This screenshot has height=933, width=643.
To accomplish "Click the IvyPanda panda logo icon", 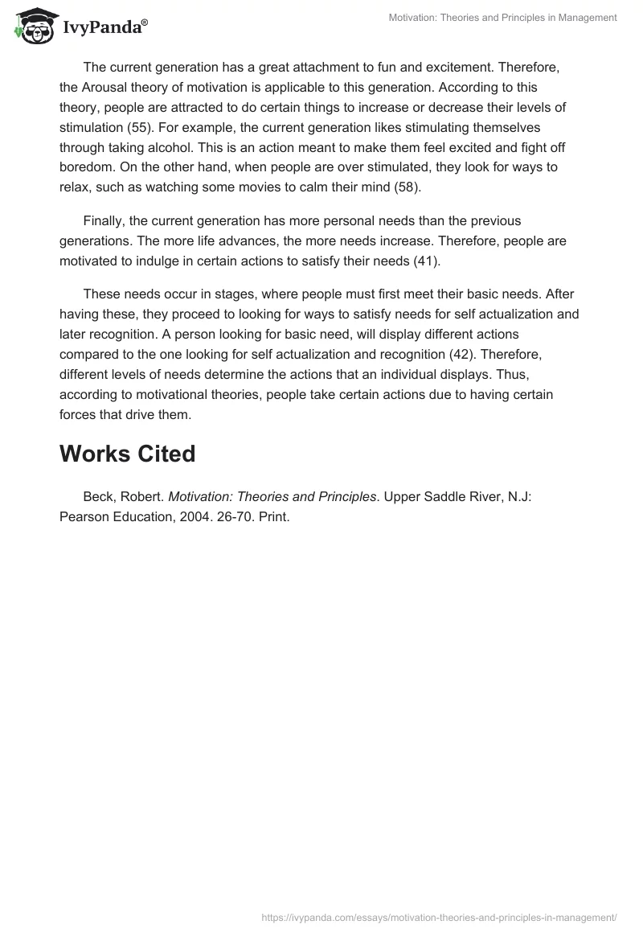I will click(30, 26).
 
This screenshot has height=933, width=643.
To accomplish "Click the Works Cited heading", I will click(127, 454).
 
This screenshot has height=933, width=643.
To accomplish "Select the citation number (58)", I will click(403, 187).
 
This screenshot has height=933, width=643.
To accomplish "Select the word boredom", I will click(87, 167).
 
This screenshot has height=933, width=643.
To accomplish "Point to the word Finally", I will click(102, 220).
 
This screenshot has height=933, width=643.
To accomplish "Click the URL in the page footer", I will click(440, 917).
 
